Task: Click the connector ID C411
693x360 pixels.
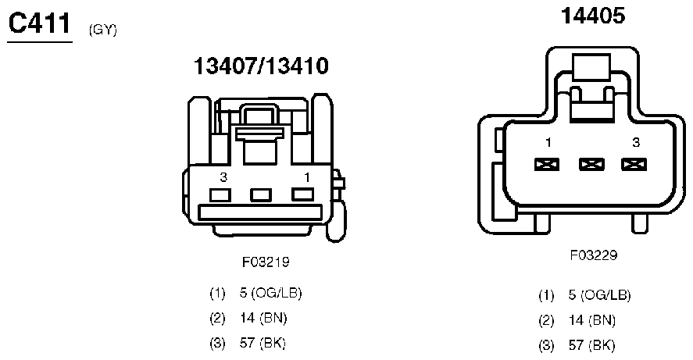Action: click(40, 23)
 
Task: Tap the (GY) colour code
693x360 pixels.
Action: click(102, 30)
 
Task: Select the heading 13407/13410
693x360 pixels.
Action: click(261, 66)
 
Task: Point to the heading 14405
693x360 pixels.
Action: click(593, 16)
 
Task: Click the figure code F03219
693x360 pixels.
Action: click(266, 262)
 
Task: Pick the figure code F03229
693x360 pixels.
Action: click(594, 255)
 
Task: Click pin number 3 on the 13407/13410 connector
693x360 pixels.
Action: click(223, 177)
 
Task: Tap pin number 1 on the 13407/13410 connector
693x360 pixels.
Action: click(307, 177)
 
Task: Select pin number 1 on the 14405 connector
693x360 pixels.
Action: click(548, 142)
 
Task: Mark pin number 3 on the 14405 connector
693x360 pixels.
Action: click(635, 142)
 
